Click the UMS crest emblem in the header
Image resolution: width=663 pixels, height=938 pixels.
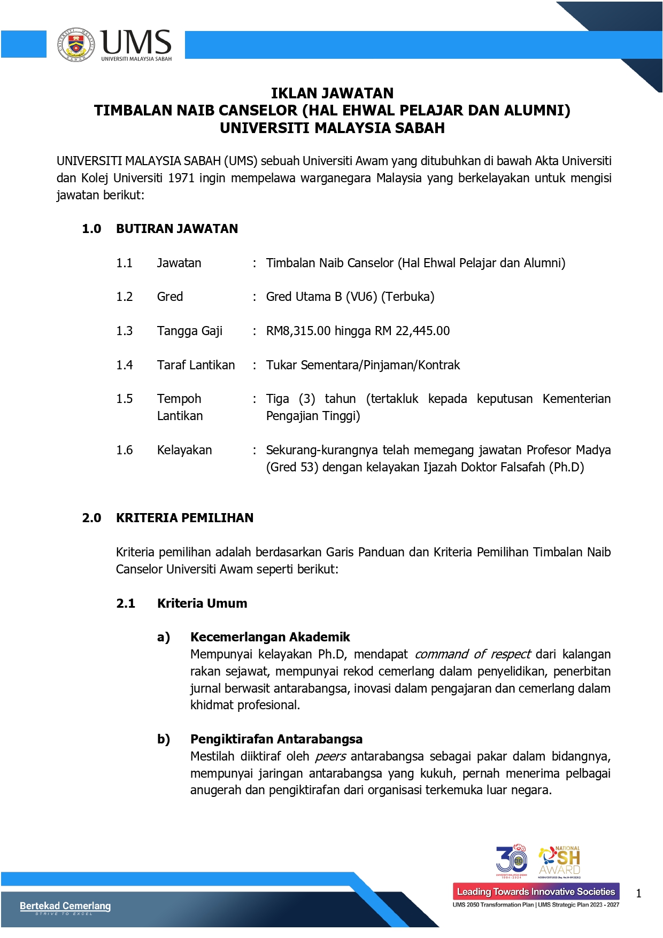pyautogui.click(x=76, y=45)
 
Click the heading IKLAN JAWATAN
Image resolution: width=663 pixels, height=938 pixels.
pyautogui.click(x=332, y=94)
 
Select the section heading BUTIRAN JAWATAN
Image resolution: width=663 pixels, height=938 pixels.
pyautogui.click(x=177, y=229)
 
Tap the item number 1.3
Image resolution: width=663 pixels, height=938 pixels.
pyautogui.click(x=124, y=331)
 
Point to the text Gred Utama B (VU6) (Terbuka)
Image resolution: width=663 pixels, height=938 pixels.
pyautogui.click(x=350, y=297)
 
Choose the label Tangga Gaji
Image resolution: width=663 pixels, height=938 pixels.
pyautogui.click(x=189, y=331)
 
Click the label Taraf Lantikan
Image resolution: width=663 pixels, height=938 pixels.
pyautogui.click(x=196, y=365)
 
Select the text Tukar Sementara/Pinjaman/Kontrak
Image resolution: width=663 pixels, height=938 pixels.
pyautogui.click(x=363, y=365)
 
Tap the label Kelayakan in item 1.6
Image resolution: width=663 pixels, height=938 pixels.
pyautogui.click(x=184, y=450)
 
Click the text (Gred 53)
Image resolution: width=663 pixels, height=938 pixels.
pyautogui.click(x=292, y=467)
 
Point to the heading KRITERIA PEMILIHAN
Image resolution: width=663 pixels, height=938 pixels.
pyautogui.click(x=184, y=518)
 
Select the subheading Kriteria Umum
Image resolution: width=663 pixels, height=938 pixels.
pyautogui.click(x=202, y=603)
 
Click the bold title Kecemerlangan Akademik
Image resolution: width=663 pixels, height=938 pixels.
pyautogui.click(x=270, y=637)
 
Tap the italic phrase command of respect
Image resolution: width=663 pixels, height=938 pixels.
pyautogui.click(x=473, y=654)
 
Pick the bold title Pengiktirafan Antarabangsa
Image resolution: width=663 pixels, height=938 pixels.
pyautogui.click(x=276, y=739)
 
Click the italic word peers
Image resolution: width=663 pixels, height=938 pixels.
pyautogui.click(x=330, y=756)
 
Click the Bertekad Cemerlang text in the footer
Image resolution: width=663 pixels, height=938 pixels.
pyautogui.click(x=65, y=905)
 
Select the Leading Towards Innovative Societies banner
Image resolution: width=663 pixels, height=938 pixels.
pyautogui.click(x=536, y=892)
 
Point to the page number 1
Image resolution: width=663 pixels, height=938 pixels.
pyautogui.click(x=638, y=893)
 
